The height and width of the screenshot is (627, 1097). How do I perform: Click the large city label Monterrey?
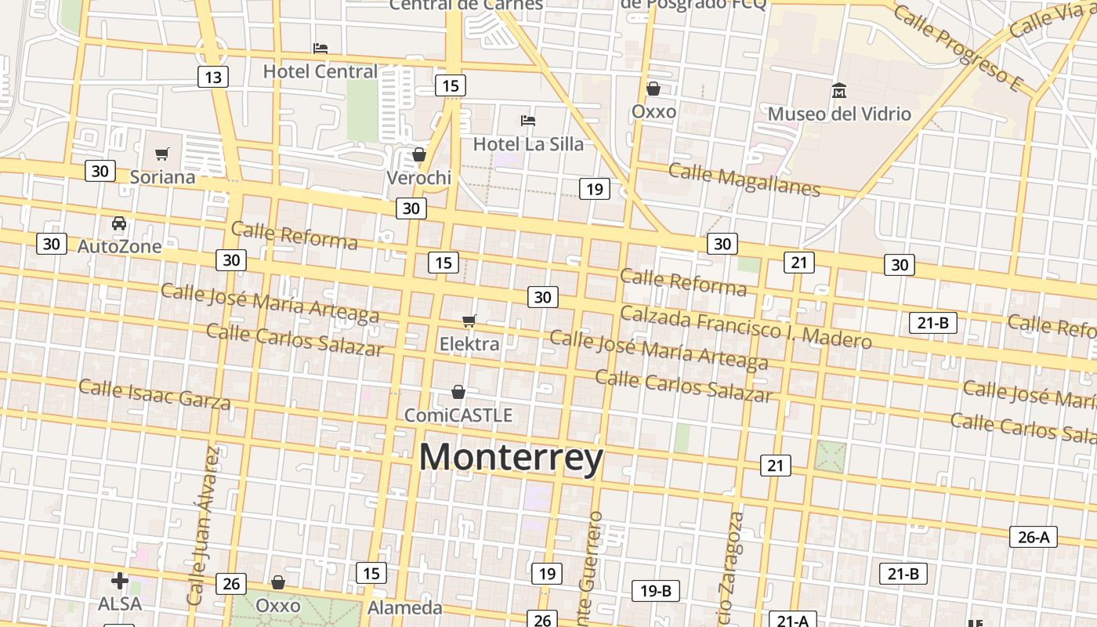coord(511,458)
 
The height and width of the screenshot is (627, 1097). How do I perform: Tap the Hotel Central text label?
coord(320,71)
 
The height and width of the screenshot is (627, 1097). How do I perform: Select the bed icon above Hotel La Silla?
coord(528,121)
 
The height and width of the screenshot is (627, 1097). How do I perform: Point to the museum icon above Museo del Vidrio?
coord(839,90)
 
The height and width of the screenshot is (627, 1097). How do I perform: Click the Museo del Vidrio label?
coord(839,114)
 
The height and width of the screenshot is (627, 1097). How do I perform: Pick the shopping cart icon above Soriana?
coord(162,154)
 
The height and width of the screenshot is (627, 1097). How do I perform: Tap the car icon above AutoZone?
coord(119,223)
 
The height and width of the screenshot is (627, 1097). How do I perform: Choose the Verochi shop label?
coord(419,178)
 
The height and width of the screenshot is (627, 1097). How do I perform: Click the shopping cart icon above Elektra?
coord(469,321)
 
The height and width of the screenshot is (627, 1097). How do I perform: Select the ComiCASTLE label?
coord(458,415)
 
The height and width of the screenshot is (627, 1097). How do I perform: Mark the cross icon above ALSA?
coord(119,581)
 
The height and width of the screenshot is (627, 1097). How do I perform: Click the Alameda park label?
coord(405,607)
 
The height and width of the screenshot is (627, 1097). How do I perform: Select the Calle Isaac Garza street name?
coord(154,394)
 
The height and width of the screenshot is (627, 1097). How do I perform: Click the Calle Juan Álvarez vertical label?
coord(201,525)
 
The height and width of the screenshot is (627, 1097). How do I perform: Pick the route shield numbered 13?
coord(212,77)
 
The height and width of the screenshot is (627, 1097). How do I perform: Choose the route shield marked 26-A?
coord(1033,537)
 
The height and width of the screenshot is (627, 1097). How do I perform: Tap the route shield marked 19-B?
coord(655,590)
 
